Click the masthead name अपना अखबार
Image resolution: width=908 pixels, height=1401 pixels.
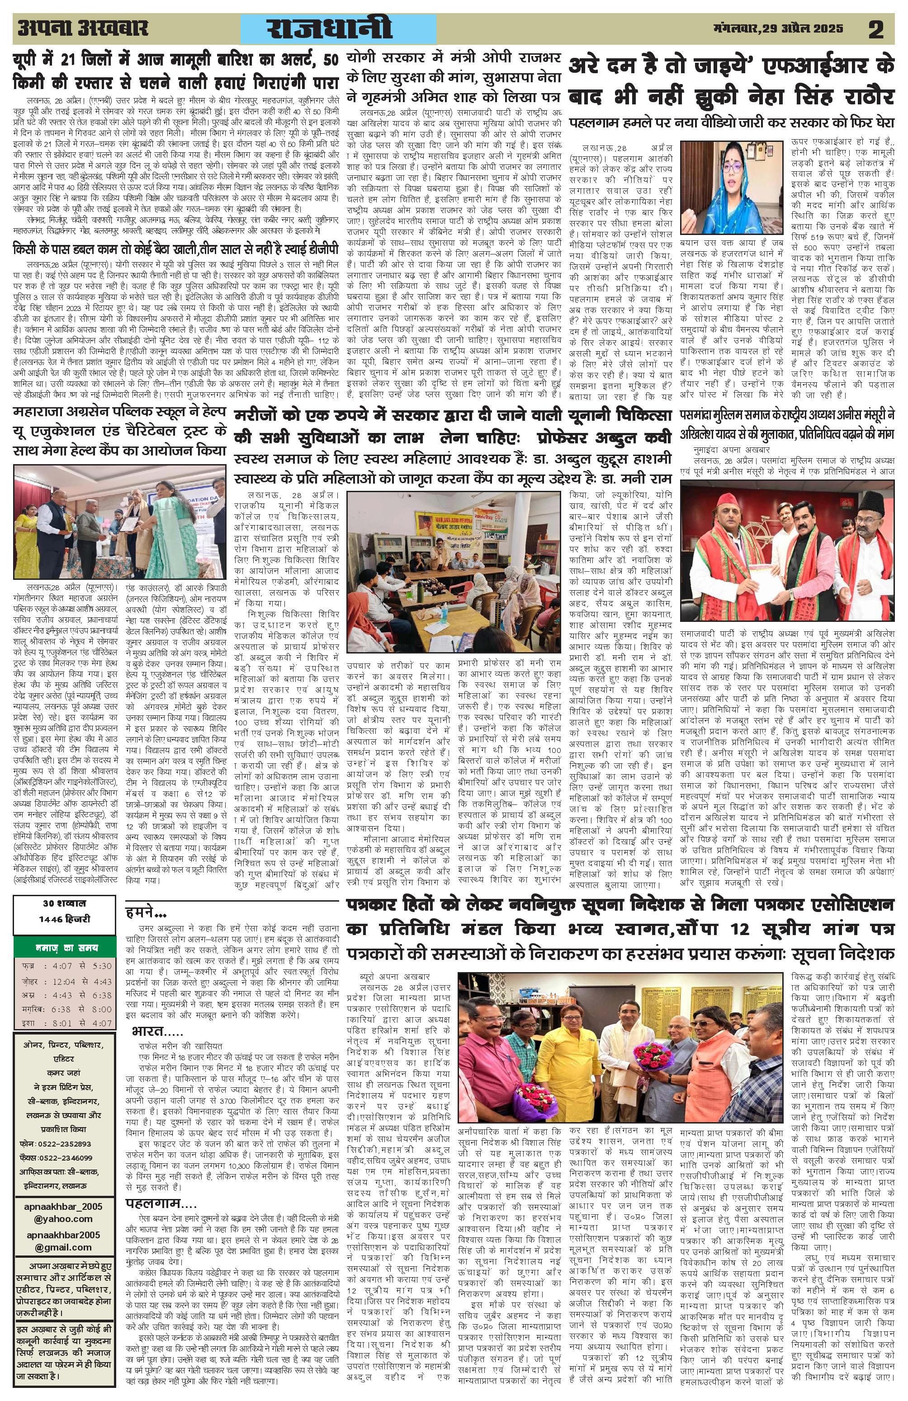click(82, 28)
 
